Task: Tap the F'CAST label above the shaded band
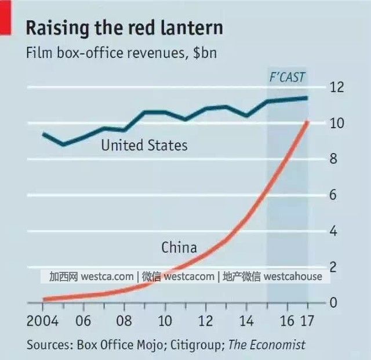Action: pyautogui.click(x=287, y=77)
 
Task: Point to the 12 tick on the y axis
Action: pyautogui.click(x=337, y=88)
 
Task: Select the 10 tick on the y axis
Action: pyautogui.click(x=337, y=123)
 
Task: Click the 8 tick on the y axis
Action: pyautogui.click(x=333, y=159)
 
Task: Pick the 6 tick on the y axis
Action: pyautogui.click(x=333, y=195)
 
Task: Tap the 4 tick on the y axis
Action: pyautogui.click(x=333, y=231)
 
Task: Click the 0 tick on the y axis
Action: pyautogui.click(x=333, y=303)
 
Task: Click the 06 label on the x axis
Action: pyautogui.click(x=84, y=321)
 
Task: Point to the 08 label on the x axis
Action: pyautogui.click(x=125, y=321)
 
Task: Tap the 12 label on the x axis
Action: pyautogui.click(x=206, y=321)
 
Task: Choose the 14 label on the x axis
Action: pyautogui.click(x=246, y=321)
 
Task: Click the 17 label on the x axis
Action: pyautogui.click(x=308, y=321)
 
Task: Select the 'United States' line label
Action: pyautogui.click(x=144, y=145)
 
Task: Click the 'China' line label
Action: pyautogui.click(x=179, y=248)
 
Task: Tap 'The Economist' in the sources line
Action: pyautogui.click(x=267, y=345)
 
